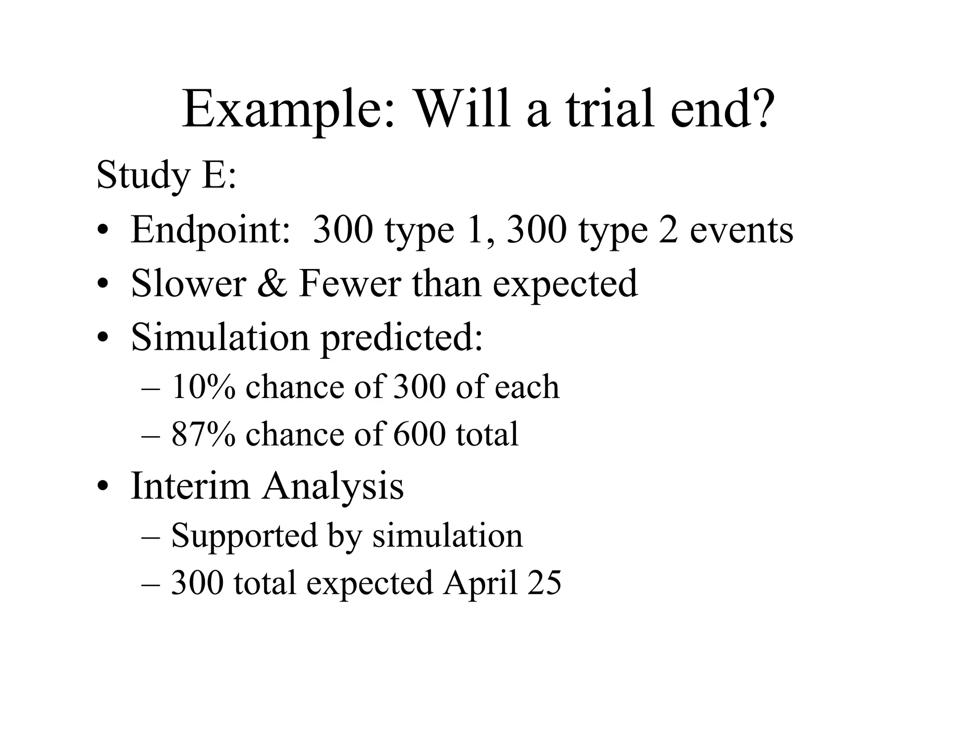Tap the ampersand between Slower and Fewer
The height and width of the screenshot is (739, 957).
[x=272, y=284]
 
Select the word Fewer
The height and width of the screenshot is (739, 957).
[x=350, y=284]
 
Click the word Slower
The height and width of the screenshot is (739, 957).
[x=188, y=284]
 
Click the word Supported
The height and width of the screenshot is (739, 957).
[x=244, y=535]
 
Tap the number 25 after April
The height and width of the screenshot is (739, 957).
[x=544, y=583]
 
